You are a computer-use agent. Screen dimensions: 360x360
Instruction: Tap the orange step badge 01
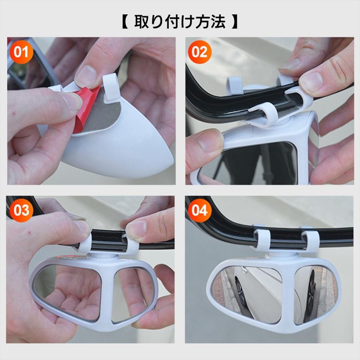coord(21,52)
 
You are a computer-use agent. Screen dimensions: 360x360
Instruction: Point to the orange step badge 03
coord(21,210)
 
